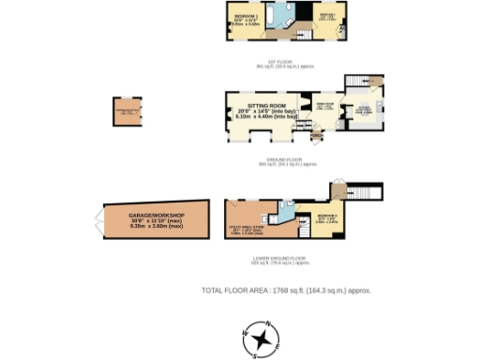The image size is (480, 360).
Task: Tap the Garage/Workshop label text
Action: tap(157, 220)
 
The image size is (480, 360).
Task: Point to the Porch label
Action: tap(316, 133)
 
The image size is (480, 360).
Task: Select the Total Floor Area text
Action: tap(286, 291)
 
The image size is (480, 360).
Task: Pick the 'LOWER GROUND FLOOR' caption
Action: tap(279, 258)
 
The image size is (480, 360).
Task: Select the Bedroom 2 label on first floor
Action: tap(327, 18)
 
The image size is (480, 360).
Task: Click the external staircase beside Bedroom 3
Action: tap(371, 192)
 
